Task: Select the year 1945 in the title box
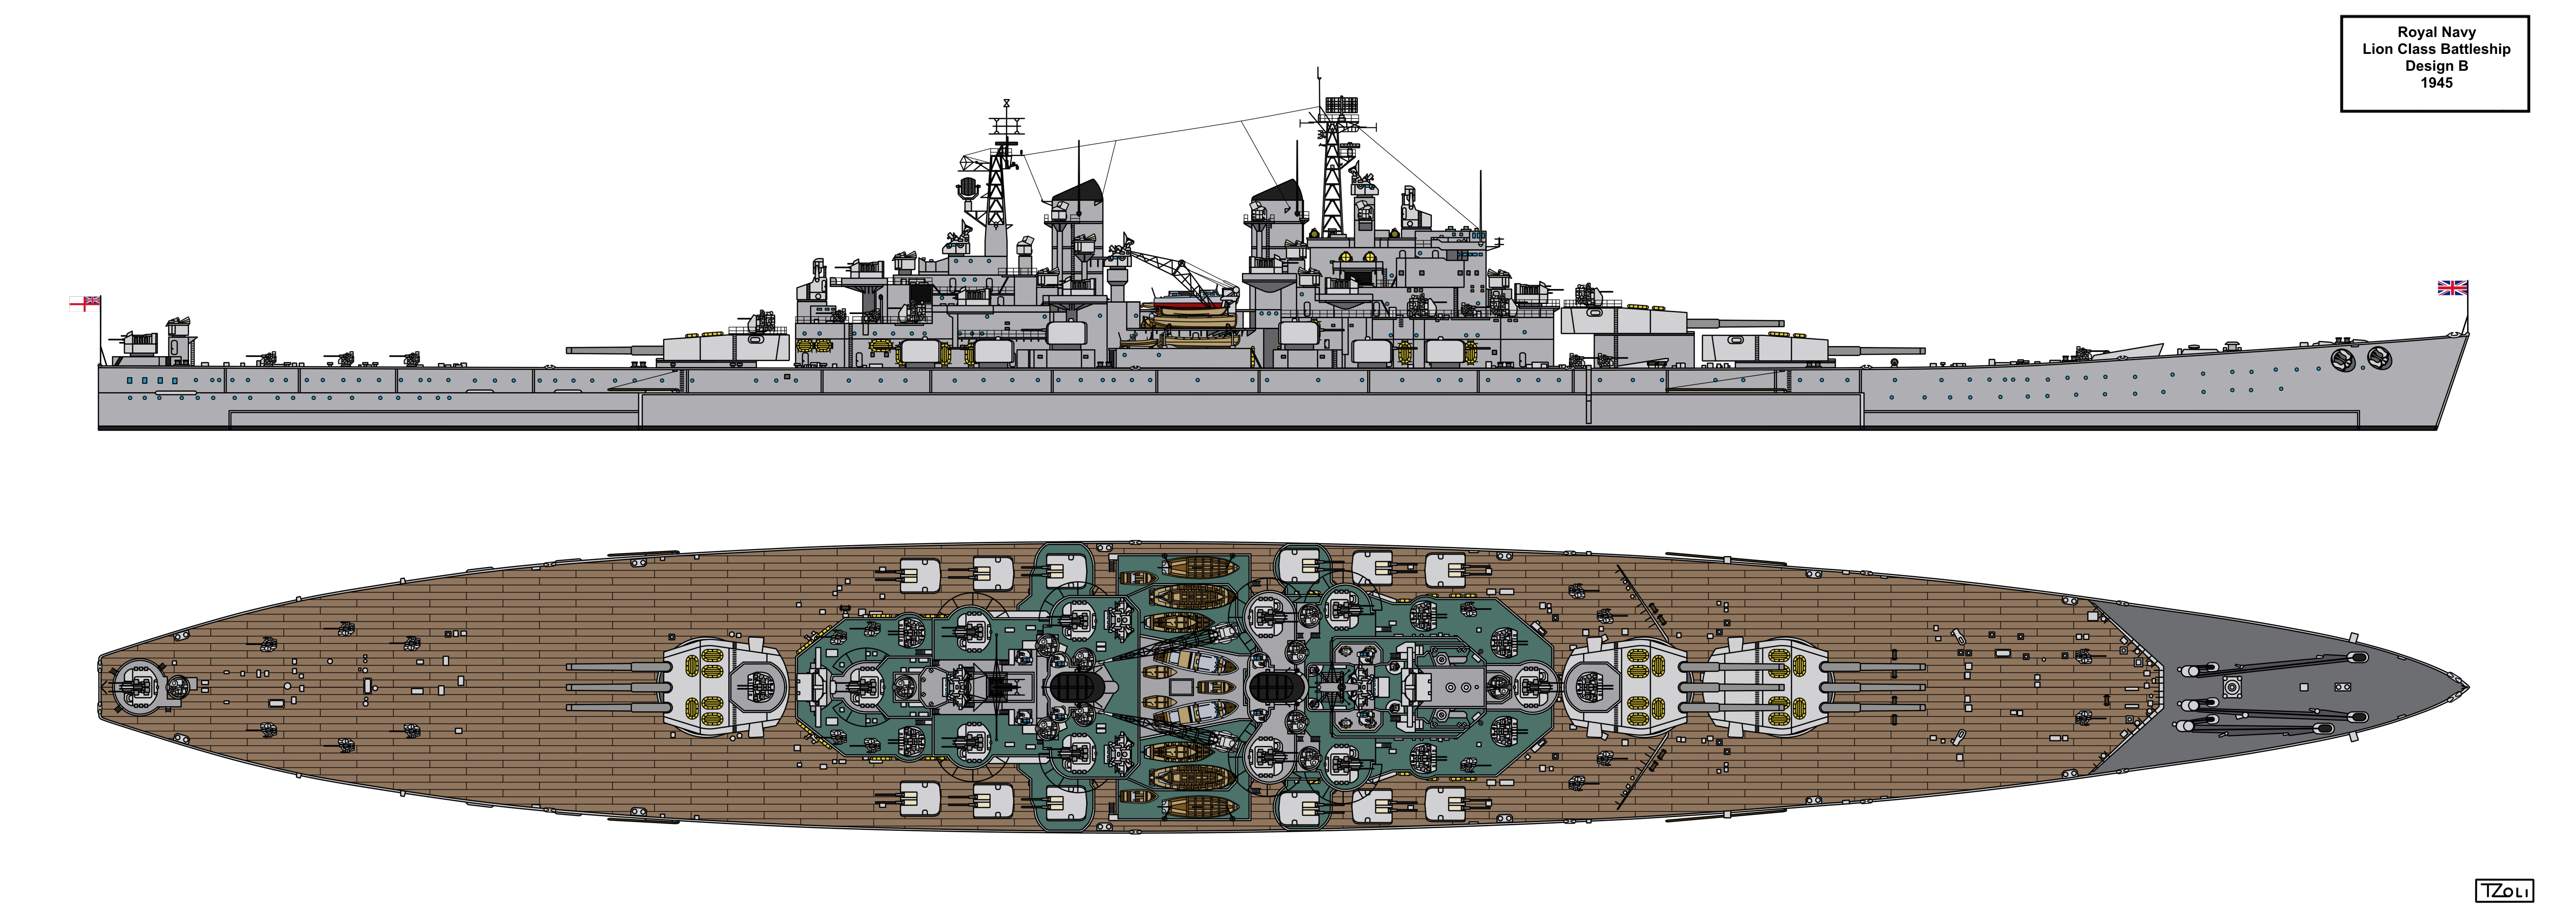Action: tap(2437, 82)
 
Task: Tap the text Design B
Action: tap(2437, 65)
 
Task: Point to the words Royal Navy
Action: tap(2437, 32)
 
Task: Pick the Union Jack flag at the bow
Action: tap(2453, 288)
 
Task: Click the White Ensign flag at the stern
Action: tap(84, 303)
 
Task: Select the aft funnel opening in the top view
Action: tap(1077, 686)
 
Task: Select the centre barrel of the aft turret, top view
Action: tap(616, 686)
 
